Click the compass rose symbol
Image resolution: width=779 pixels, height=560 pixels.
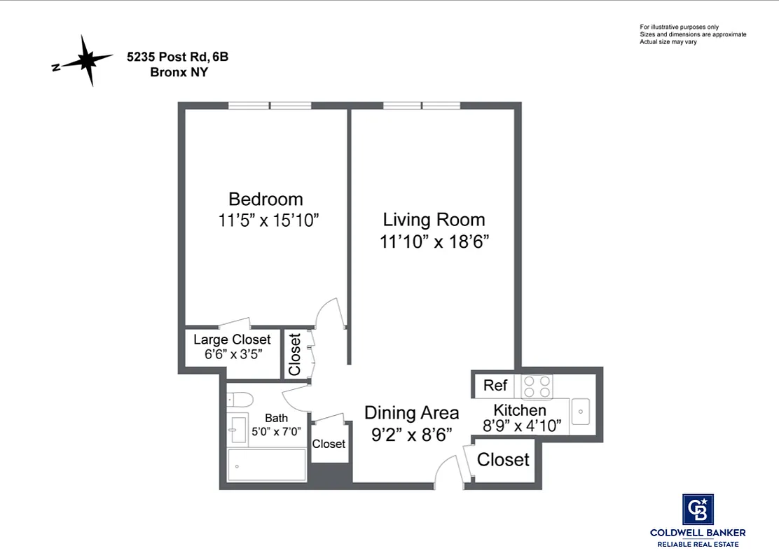pyautogui.click(x=85, y=62)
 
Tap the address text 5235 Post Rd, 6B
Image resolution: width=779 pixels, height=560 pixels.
pyautogui.click(x=178, y=58)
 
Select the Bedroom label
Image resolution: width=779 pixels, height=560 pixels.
pyautogui.click(x=266, y=199)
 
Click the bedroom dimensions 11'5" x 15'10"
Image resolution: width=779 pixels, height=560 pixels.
pyautogui.click(x=268, y=220)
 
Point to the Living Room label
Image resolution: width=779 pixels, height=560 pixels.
pyautogui.click(x=434, y=219)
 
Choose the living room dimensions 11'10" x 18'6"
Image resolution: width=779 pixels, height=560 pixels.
pyautogui.click(x=434, y=242)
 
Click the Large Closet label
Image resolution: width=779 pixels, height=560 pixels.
pyautogui.click(x=232, y=340)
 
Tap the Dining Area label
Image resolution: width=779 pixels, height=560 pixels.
pyautogui.click(x=411, y=413)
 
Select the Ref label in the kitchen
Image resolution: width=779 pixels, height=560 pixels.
pyautogui.click(x=495, y=386)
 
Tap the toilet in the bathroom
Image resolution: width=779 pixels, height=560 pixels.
pyautogui.click(x=240, y=400)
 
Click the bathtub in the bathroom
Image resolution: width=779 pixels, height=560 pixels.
pyautogui.click(x=267, y=465)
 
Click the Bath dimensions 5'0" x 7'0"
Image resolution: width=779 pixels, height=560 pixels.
pyautogui.click(x=276, y=431)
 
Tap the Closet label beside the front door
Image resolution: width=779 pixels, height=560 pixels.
pyautogui.click(x=503, y=460)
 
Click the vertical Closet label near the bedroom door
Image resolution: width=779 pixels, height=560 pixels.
pyautogui.click(x=295, y=354)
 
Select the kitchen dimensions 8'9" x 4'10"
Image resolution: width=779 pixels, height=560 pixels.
pyautogui.click(x=522, y=426)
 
